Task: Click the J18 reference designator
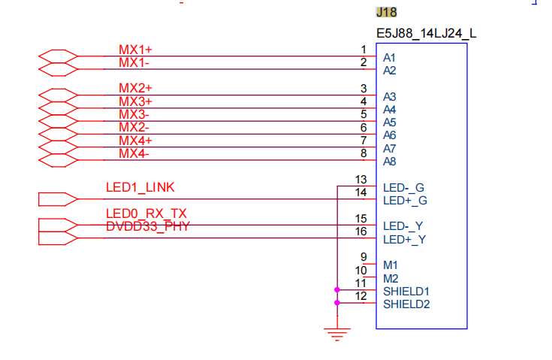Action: tap(386, 12)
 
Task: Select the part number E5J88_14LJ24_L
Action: tap(426, 34)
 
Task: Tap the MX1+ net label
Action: tap(135, 50)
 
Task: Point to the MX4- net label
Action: tap(134, 153)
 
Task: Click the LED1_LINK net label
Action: tap(140, 187)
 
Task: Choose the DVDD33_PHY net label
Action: tap(148, 226)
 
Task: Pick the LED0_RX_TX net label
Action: tap(146, 213)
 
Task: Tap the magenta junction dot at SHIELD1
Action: tap(337, 289)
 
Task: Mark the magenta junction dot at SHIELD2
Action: tap(337, 303)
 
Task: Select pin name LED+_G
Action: tap(405, 201)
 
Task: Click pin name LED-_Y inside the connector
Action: tap(403, 226)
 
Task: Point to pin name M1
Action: tap(391, 265)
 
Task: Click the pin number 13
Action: tap(360, 180)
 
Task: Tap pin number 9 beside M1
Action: tap(363, 257)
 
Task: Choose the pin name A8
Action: tap(389, 162)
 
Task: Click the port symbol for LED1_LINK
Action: tap(58, 199)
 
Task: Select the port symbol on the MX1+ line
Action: tap(58, 56)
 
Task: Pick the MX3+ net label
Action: tap(135, 101)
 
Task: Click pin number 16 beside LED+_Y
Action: tap(360, 231)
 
